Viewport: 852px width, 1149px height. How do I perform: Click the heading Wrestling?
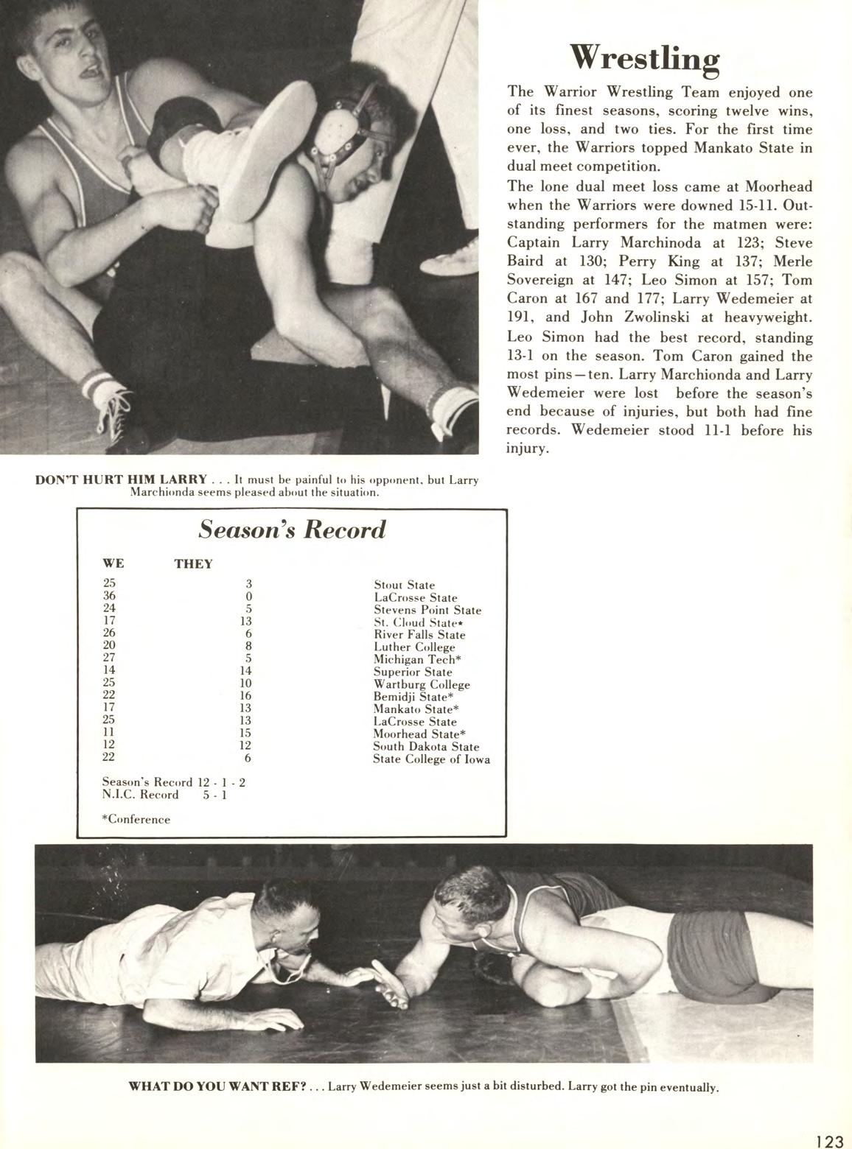(x=645, y=58)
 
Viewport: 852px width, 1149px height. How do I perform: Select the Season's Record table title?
(x=293, y=530)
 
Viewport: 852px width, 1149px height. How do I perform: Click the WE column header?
(x=114, y=563)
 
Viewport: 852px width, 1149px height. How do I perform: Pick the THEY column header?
(x=193, y=564)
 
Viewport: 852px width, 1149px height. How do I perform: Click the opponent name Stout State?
(x=404, y=586)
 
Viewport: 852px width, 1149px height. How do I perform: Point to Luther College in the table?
(x=414, y=647)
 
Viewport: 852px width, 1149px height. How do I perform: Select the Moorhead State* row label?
(x=419, y=734)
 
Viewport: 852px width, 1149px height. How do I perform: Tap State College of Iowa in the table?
(x=431, y=759)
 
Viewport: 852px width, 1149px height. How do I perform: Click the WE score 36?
(x=109, y=596)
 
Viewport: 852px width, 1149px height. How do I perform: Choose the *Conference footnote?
(x=136, y=819)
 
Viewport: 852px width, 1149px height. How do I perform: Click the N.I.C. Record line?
(x=164, y=795)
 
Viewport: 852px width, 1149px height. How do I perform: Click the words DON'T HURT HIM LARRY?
(x=121, y=480)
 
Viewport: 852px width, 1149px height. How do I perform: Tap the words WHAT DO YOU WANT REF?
(x=217, y=1086)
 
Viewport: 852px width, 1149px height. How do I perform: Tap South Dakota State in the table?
(x=425, y=747)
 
